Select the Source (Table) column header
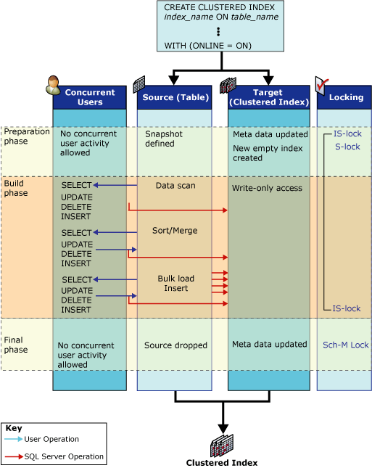point(174,97)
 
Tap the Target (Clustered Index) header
point(268,97)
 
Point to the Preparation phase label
point(27,136)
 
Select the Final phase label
point(17,344)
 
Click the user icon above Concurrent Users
point(53,85)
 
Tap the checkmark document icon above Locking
point(322,85)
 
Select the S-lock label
point(347,147)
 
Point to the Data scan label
point(175,186)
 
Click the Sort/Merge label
point(175,231)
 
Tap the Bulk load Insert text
point(173,283)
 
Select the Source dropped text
point(175,345)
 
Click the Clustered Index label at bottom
point(221,462)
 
